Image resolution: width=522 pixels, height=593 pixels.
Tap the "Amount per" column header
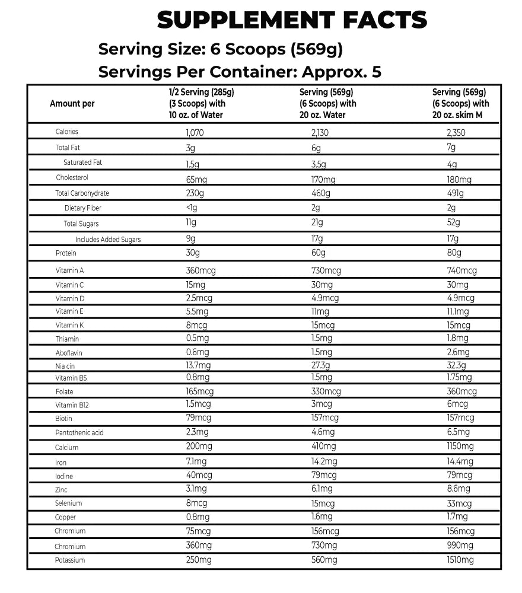[x=72, y=104]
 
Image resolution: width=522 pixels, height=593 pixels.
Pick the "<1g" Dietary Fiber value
[x=191, y=208]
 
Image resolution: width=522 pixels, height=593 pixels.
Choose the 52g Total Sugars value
[x=453, y=223]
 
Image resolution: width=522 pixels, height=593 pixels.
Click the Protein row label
[x=66, y=253]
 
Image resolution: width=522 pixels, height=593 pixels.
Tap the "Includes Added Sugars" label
[x=108, y=240]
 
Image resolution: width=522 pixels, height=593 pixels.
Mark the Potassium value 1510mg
[x=460, y=560]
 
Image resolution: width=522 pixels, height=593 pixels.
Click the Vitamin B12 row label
[x=72, y=405]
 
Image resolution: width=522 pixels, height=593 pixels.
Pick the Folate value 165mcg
[x=199, y=391]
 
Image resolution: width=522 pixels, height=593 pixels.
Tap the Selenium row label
[x=68, y=503]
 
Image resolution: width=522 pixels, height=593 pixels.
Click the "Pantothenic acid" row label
[x=79, y=432]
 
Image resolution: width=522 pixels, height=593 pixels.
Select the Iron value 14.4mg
[x=460, y=461]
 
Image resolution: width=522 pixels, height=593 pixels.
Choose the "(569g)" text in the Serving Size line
[x=317, y=49]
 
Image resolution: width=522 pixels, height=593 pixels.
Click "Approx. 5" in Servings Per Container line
[x=342, y=72]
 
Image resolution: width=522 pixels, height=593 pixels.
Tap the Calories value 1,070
[x=195, y=133]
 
